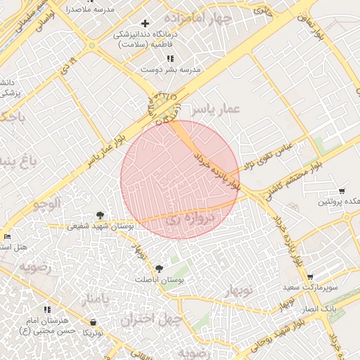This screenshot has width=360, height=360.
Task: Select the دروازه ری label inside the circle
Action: [x=188, y=221]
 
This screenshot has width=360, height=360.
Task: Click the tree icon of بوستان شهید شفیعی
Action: [x=101, y=215]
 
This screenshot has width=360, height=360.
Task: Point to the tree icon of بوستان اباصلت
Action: [x=160, y=269]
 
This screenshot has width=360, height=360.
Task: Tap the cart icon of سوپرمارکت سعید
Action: [x=310, y=277]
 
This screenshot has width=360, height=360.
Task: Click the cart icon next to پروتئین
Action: [x=342, y=191]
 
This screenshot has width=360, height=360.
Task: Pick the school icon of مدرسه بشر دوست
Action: [x=168, y=58]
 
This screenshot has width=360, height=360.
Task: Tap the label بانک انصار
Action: [x=326, y=309]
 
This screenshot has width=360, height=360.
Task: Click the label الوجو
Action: [x=48, y=204]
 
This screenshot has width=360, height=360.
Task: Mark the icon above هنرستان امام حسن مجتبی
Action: [x=47, y=309]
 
